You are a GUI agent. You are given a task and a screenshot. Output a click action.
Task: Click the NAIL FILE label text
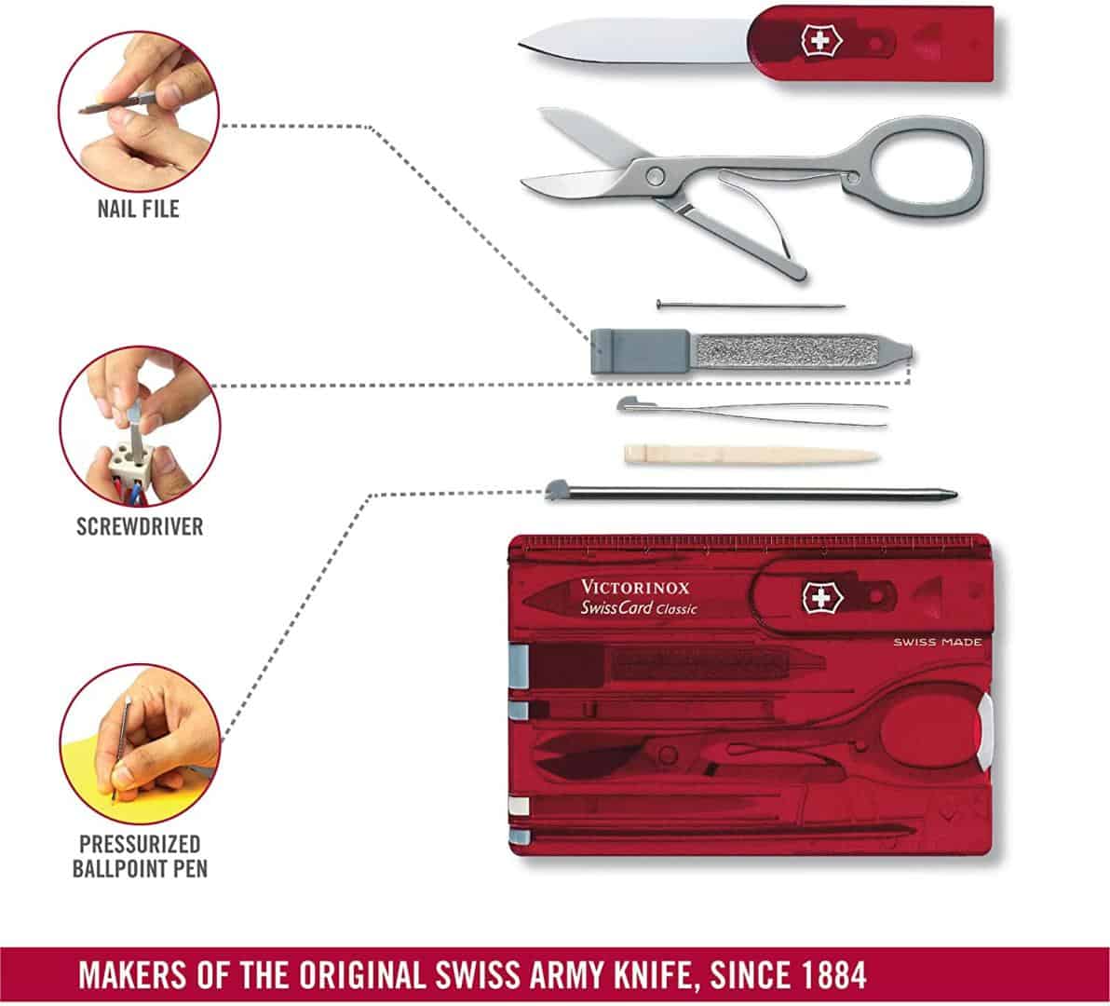pos(138,208)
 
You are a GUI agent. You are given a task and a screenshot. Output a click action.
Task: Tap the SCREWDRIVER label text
pos(140,526)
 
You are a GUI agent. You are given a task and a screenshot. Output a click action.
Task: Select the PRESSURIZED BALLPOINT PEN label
pos(140,856)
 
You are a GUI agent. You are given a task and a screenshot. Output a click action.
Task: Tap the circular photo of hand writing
pos(140,743)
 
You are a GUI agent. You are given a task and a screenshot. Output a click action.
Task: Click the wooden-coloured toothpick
pos(750,455)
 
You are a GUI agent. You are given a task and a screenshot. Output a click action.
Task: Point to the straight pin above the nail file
pos(751,305)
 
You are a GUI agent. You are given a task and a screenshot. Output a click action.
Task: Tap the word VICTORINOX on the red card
pos(635,588)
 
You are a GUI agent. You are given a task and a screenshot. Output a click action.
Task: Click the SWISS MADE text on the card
pos(937,642)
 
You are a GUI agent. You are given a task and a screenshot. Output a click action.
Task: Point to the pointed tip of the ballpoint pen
pos(953,495)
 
